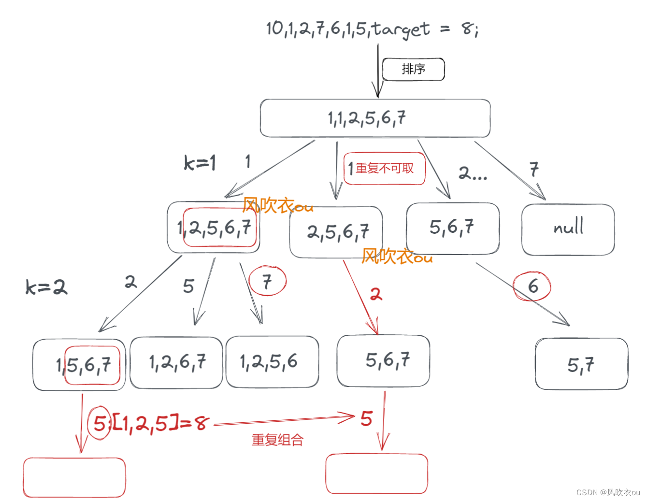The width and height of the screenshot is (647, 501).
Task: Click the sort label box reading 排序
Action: (x=413, y=70)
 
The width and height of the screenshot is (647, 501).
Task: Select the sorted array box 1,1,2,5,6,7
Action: (x=375, y=118)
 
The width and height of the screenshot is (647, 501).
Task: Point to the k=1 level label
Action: (x=200, y=163)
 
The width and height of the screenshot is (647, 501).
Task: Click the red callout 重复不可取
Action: (x=384, y=168)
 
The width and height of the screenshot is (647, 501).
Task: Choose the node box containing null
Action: (x=568, y=229)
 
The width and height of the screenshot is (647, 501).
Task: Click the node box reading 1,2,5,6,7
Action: (x=214, y=227)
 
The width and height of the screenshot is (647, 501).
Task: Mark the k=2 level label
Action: (x=46, y=287)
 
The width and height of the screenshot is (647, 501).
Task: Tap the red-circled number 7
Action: (x=267, y=281)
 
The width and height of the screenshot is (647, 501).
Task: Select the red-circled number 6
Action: (x=532, y=286)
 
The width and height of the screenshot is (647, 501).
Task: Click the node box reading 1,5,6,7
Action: (x=79, y=365)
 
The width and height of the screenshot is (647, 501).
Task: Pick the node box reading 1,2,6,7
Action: (x=176, y=362)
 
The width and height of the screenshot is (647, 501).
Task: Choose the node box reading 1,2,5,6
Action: (x=272, y=362)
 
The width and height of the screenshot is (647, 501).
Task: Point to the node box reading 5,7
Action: (x=581, y=364)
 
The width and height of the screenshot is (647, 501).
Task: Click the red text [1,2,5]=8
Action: (x=160, y=424)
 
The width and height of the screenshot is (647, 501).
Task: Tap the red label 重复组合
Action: (x=277, y=440)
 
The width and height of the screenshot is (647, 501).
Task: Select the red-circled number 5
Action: (x=99, y=423)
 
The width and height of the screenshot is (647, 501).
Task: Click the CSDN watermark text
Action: (x=608, y=492)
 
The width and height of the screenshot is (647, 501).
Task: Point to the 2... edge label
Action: (x=472, y=172)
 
